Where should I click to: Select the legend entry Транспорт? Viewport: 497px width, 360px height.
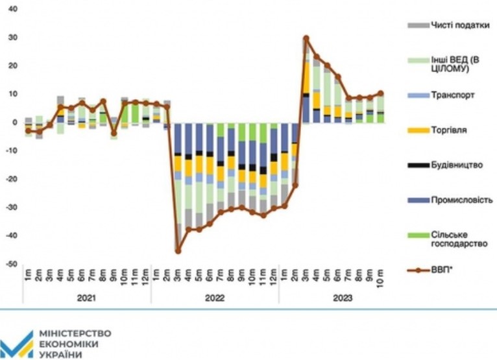(x=444, y=95)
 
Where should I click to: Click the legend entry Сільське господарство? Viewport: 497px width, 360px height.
(x=444, y=239)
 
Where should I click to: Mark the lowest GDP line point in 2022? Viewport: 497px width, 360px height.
(x=178, y=250)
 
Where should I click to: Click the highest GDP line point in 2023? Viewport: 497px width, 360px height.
(x=306, y=39)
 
